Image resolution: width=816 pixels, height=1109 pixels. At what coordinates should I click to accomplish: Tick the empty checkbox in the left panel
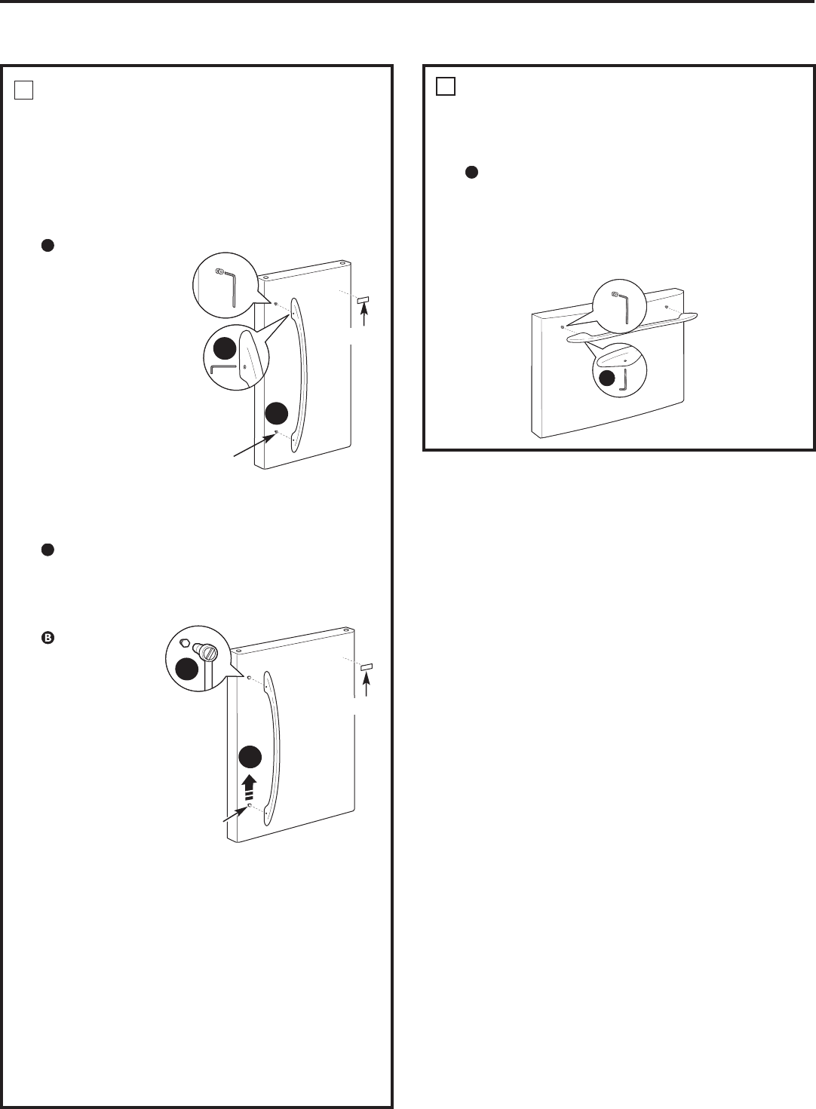click(x=23, y=90)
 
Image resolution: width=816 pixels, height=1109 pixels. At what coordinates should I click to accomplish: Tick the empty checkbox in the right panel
click(x=446, y=87)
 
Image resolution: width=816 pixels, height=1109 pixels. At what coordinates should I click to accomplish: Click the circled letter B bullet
click(x=47, y=638)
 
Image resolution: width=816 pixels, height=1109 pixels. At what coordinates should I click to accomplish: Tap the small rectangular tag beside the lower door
click(x=366, y=667)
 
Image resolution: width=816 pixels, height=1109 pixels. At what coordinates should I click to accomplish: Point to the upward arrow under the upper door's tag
click(x=364, y=317)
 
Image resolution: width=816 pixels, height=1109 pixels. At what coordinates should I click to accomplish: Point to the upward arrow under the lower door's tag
click(x=366, y=685)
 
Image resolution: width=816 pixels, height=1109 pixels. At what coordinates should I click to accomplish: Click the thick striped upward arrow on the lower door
click(x=248, y=787)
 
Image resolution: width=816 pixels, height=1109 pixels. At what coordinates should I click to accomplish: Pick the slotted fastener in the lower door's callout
click(x=205, y=649)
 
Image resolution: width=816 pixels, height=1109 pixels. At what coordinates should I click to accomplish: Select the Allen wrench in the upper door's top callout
click(x=231, y=287)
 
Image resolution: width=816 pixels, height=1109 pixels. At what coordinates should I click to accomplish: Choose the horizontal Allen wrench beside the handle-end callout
click(x=224, y=369)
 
